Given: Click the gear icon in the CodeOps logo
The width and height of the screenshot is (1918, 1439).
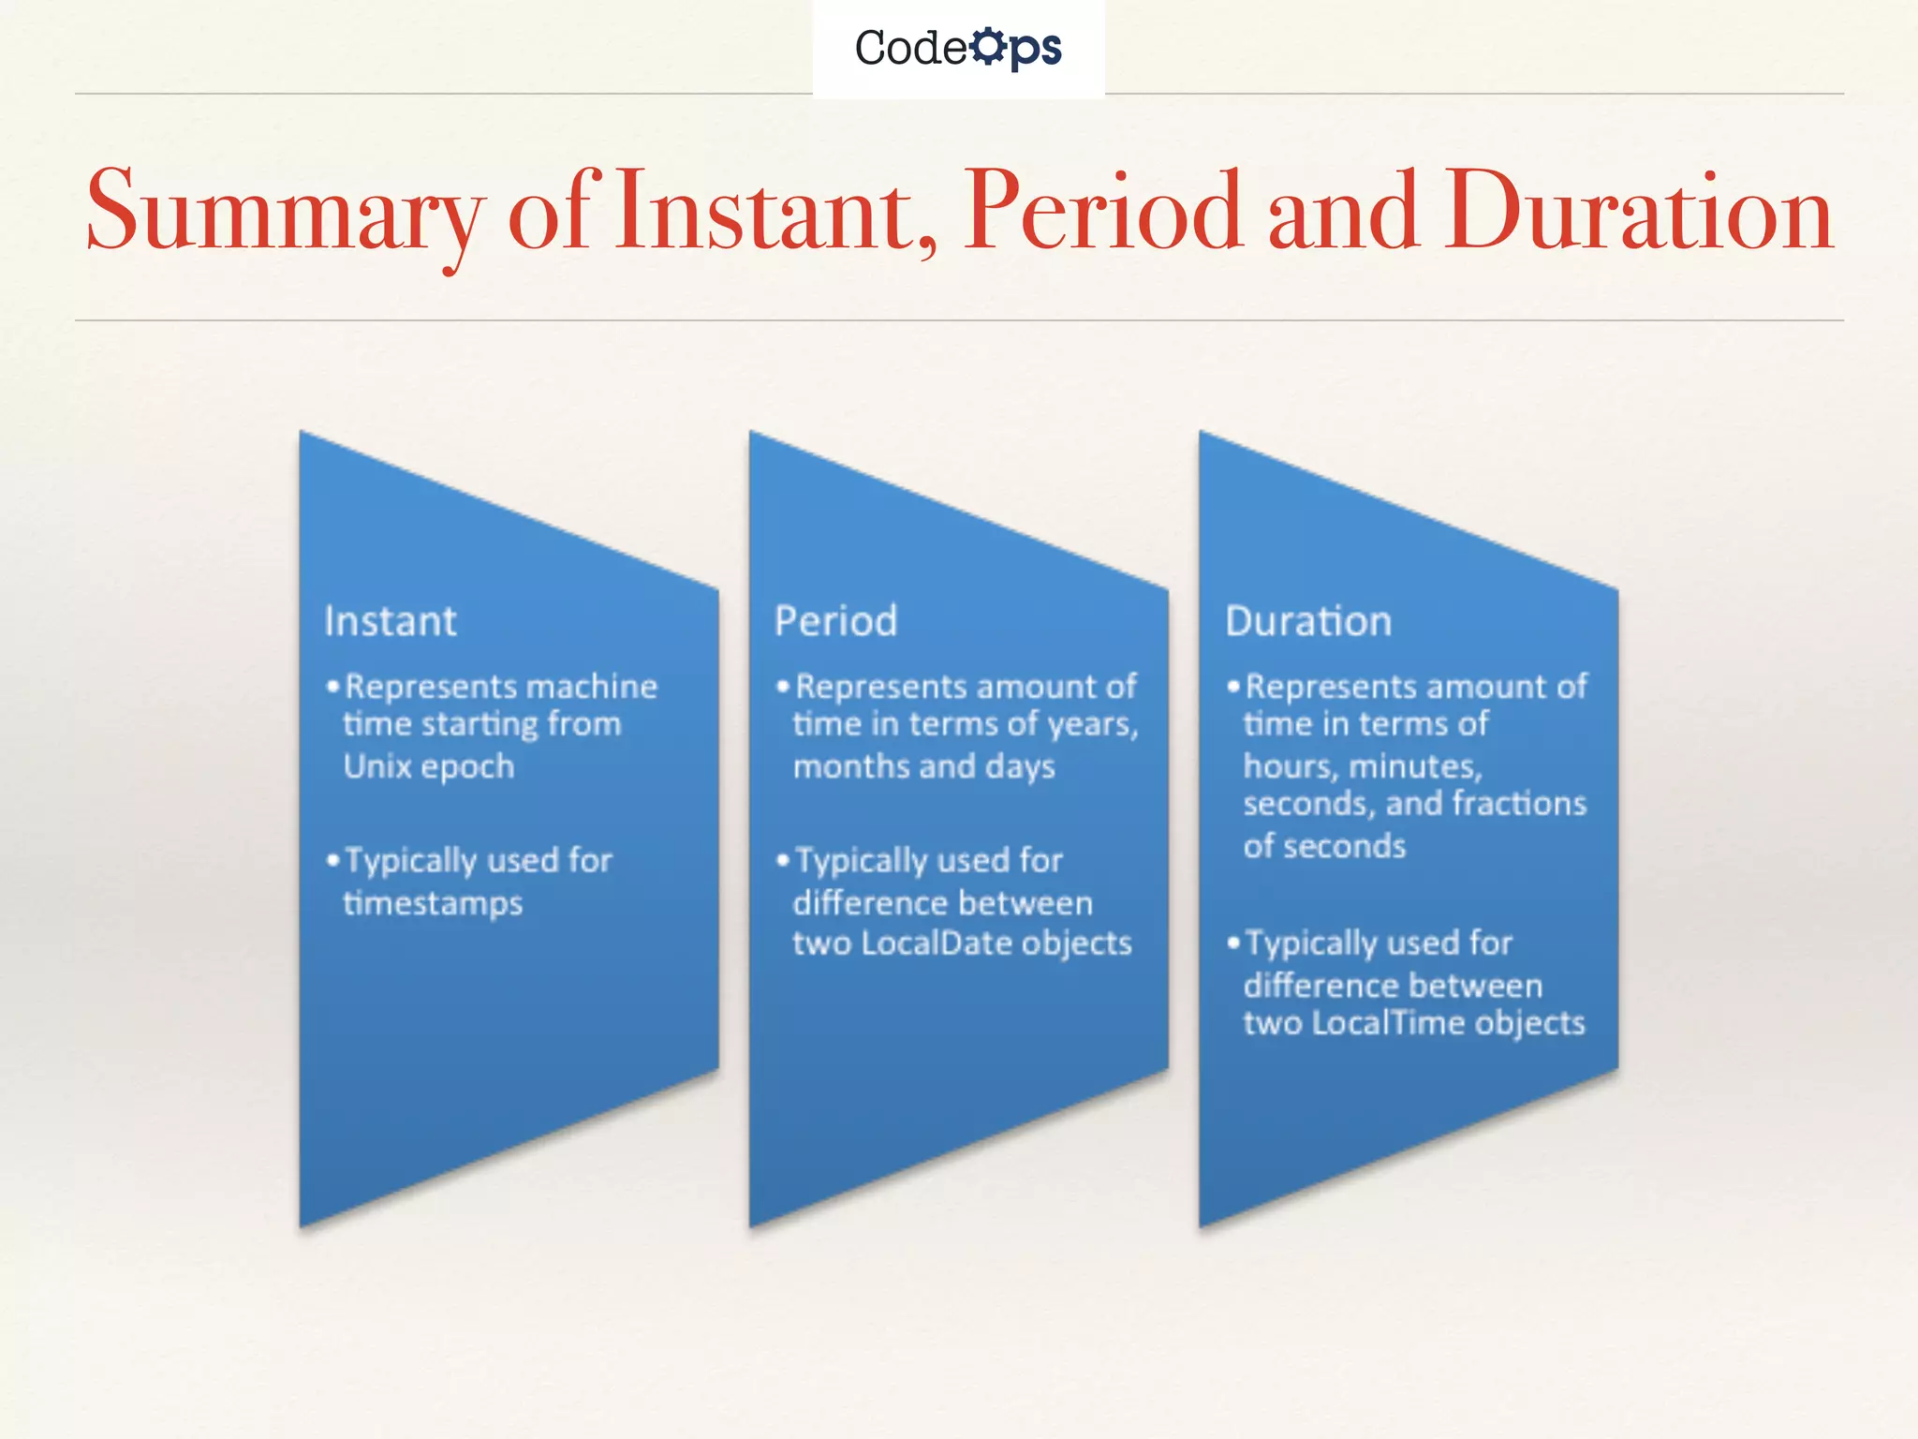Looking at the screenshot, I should tap(987, 47).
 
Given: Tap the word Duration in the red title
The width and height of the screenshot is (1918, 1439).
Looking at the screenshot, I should tap(1638, 212).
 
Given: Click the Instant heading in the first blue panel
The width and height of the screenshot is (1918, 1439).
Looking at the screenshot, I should tap(390, 621).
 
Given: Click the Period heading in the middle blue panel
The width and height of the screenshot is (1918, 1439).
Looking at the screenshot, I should tap(835, 621).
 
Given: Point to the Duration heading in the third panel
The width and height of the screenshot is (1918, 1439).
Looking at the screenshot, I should tap(1308, 621).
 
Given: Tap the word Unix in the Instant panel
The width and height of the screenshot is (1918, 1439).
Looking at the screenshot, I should tap(377, 766).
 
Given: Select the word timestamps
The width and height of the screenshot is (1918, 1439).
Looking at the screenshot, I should tap(433, 904).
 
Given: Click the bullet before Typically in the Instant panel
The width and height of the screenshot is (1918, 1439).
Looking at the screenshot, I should tap(332, 860).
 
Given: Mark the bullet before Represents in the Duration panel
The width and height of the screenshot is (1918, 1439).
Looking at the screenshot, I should tap(1233, 687).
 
